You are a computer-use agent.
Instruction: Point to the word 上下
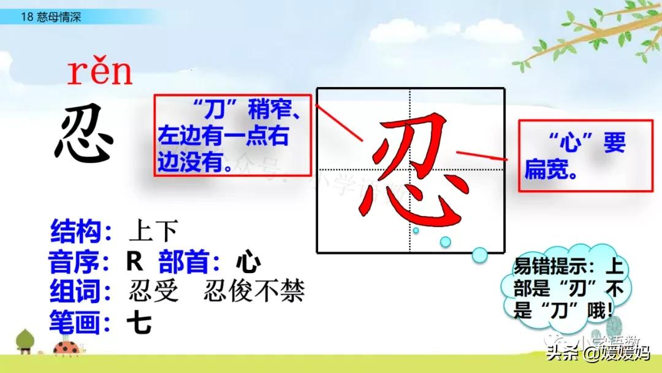[153, 231]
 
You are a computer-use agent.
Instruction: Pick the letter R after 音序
[134, 263]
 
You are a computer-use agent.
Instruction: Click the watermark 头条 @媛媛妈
[598, 353]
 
